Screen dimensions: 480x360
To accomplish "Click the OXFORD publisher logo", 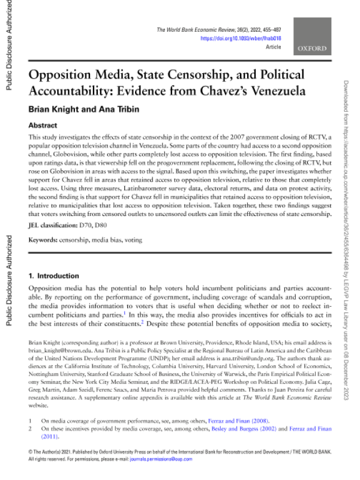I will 312,48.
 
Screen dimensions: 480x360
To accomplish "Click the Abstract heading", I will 43,126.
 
